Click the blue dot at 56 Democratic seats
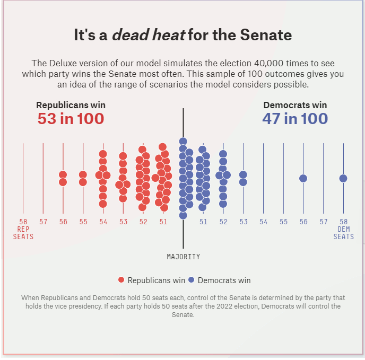click(303, 178)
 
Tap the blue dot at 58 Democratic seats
click(343, 178)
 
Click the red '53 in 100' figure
click(71, 119)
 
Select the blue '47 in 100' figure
click(295, 119)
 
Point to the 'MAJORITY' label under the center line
click(184, 257)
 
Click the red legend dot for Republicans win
click(121, 280)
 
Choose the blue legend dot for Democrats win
click(192, 280)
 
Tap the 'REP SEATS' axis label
click(23, 233)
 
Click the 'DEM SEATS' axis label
click(344, 233)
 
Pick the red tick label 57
click(44, 222)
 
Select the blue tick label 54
click(264, 222)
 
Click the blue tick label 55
click(284, 222)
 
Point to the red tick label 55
click(83, 222)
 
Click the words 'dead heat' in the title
click(149, 36)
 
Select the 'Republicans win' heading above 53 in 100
click(71, 105)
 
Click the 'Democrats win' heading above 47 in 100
click(295, 105)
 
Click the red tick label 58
click(23, 222)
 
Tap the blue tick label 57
click(324, 222)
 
